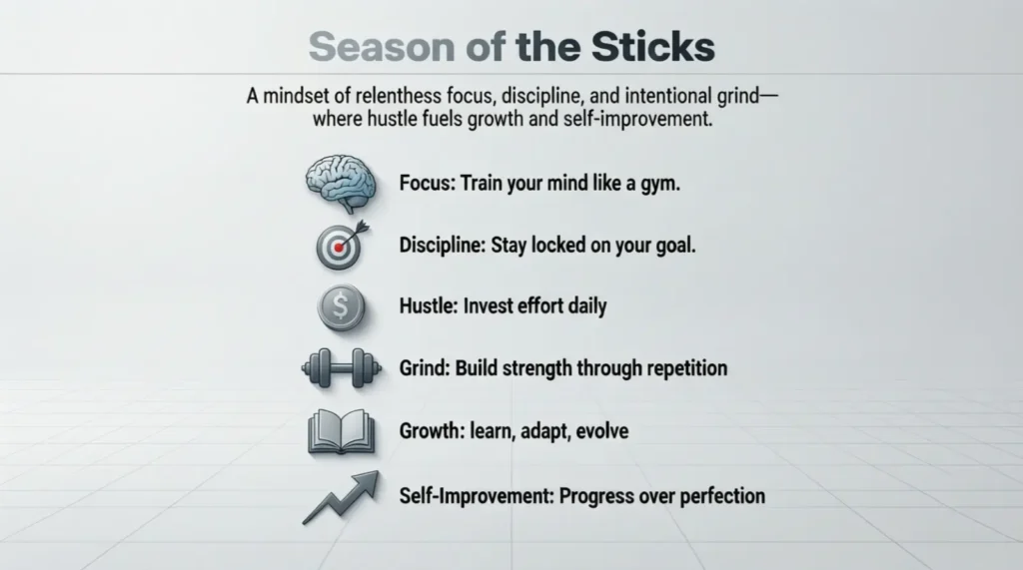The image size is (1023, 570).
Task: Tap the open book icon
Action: click(341, 432)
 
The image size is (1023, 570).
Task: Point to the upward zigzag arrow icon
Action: click(342, 497)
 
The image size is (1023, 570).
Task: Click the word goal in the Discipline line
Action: click(673, 247)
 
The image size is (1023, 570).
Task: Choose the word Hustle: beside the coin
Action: click(429, 306)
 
